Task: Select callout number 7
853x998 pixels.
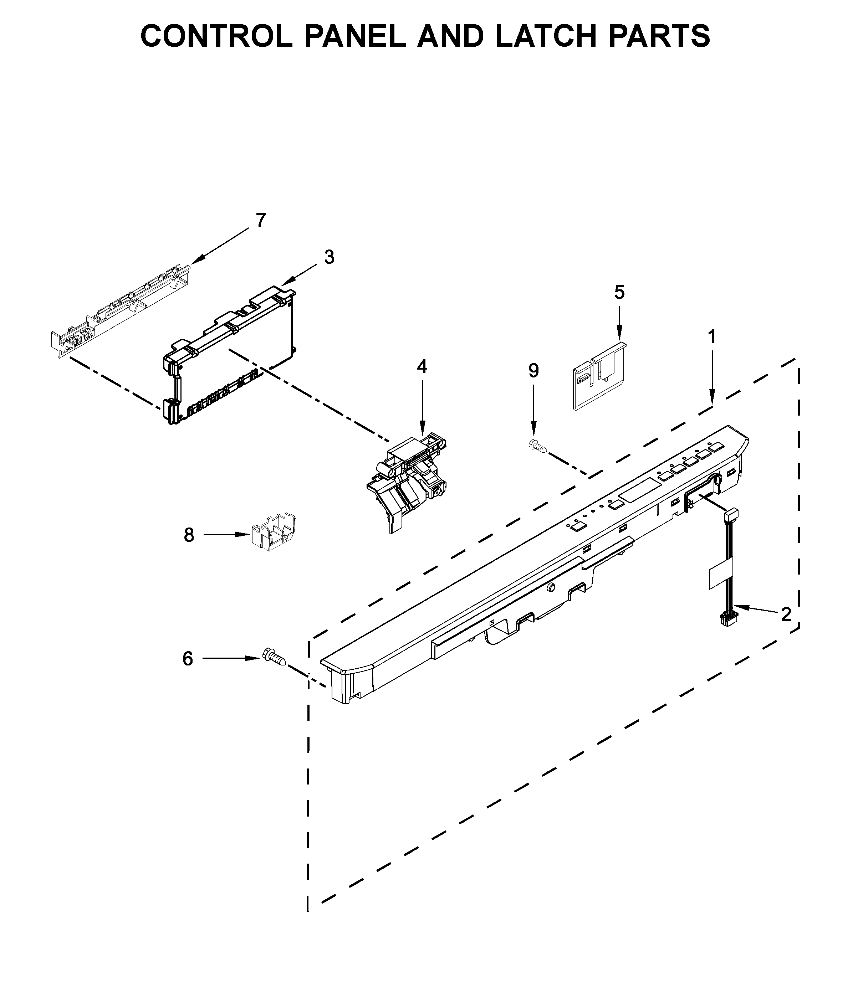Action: point(260,221)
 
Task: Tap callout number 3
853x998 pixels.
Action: point(329,257)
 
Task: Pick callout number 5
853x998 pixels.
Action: point(619,292)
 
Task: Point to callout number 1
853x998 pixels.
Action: point(712,337)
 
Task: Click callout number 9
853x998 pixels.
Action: point(533,370)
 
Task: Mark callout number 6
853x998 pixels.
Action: point(188,658)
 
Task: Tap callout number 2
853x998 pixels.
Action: point(786,614)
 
